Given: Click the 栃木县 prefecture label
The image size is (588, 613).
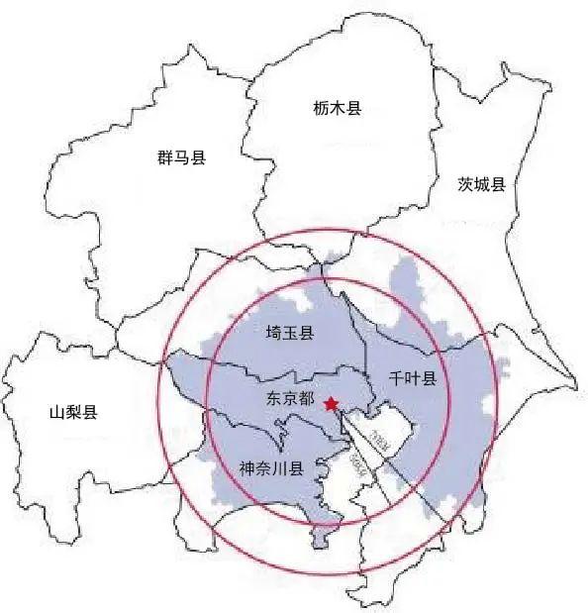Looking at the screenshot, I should pos(337,108).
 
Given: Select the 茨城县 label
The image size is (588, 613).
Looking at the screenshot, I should pos(482,184).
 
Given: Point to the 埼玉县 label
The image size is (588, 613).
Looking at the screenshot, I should pos(290,334).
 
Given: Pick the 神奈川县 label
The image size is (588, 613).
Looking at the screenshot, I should pos(270,466).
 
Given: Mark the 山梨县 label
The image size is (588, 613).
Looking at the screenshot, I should pos(73,412).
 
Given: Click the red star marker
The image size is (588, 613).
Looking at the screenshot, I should pos(331,403).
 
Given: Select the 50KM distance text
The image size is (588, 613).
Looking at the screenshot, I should pos(358,465).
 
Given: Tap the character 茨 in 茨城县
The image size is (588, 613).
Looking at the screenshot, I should pos(465,184).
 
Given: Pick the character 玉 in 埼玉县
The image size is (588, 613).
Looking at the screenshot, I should pos(290,334).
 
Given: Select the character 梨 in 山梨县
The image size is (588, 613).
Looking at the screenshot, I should pos(73,412).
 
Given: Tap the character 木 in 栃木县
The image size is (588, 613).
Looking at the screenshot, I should pos(337,108).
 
